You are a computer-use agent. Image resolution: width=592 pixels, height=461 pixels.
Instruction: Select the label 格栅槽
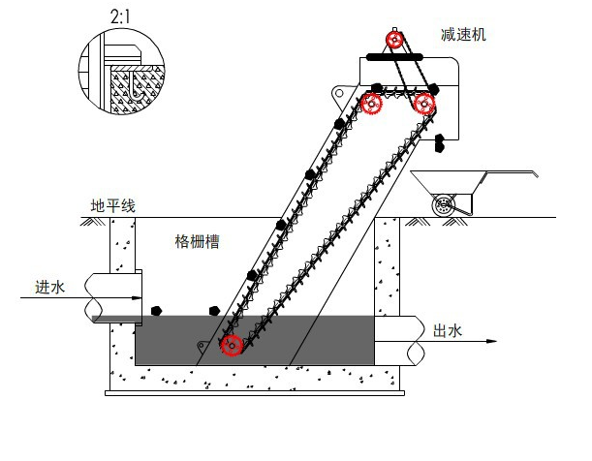click(197, 241)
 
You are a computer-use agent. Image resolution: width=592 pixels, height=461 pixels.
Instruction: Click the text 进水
click(49, 287)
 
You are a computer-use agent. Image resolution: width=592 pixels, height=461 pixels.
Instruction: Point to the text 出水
click(447, 331)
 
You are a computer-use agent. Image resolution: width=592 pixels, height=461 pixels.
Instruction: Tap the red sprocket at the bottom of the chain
click(232, 345)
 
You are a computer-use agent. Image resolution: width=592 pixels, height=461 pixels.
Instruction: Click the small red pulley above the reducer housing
click(394, 40)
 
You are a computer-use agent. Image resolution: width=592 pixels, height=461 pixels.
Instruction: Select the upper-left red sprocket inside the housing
click(373, 104)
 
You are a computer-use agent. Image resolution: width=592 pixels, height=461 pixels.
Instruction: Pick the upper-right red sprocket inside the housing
click(423, 103)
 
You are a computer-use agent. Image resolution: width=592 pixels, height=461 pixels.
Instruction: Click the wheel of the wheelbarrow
click(446, 205)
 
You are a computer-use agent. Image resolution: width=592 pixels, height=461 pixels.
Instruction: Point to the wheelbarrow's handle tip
click(534, 174)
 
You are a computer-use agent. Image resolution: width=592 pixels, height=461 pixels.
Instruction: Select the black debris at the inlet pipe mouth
click(155, 311)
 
